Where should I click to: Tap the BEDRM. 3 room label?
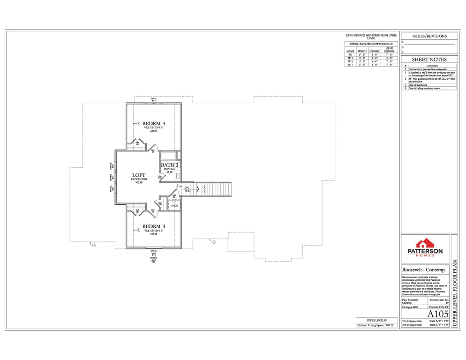[x=153, y=226]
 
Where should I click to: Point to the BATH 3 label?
[x=170, y=165]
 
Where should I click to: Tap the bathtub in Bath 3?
[x=168, y=156]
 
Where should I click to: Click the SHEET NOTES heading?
[x=429, y=60]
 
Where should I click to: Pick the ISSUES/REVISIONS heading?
[x=429, y=36]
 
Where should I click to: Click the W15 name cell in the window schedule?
[x=350, y=58]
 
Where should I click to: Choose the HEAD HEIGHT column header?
[x=389, y=50]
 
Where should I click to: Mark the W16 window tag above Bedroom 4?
[x=153, y=101]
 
